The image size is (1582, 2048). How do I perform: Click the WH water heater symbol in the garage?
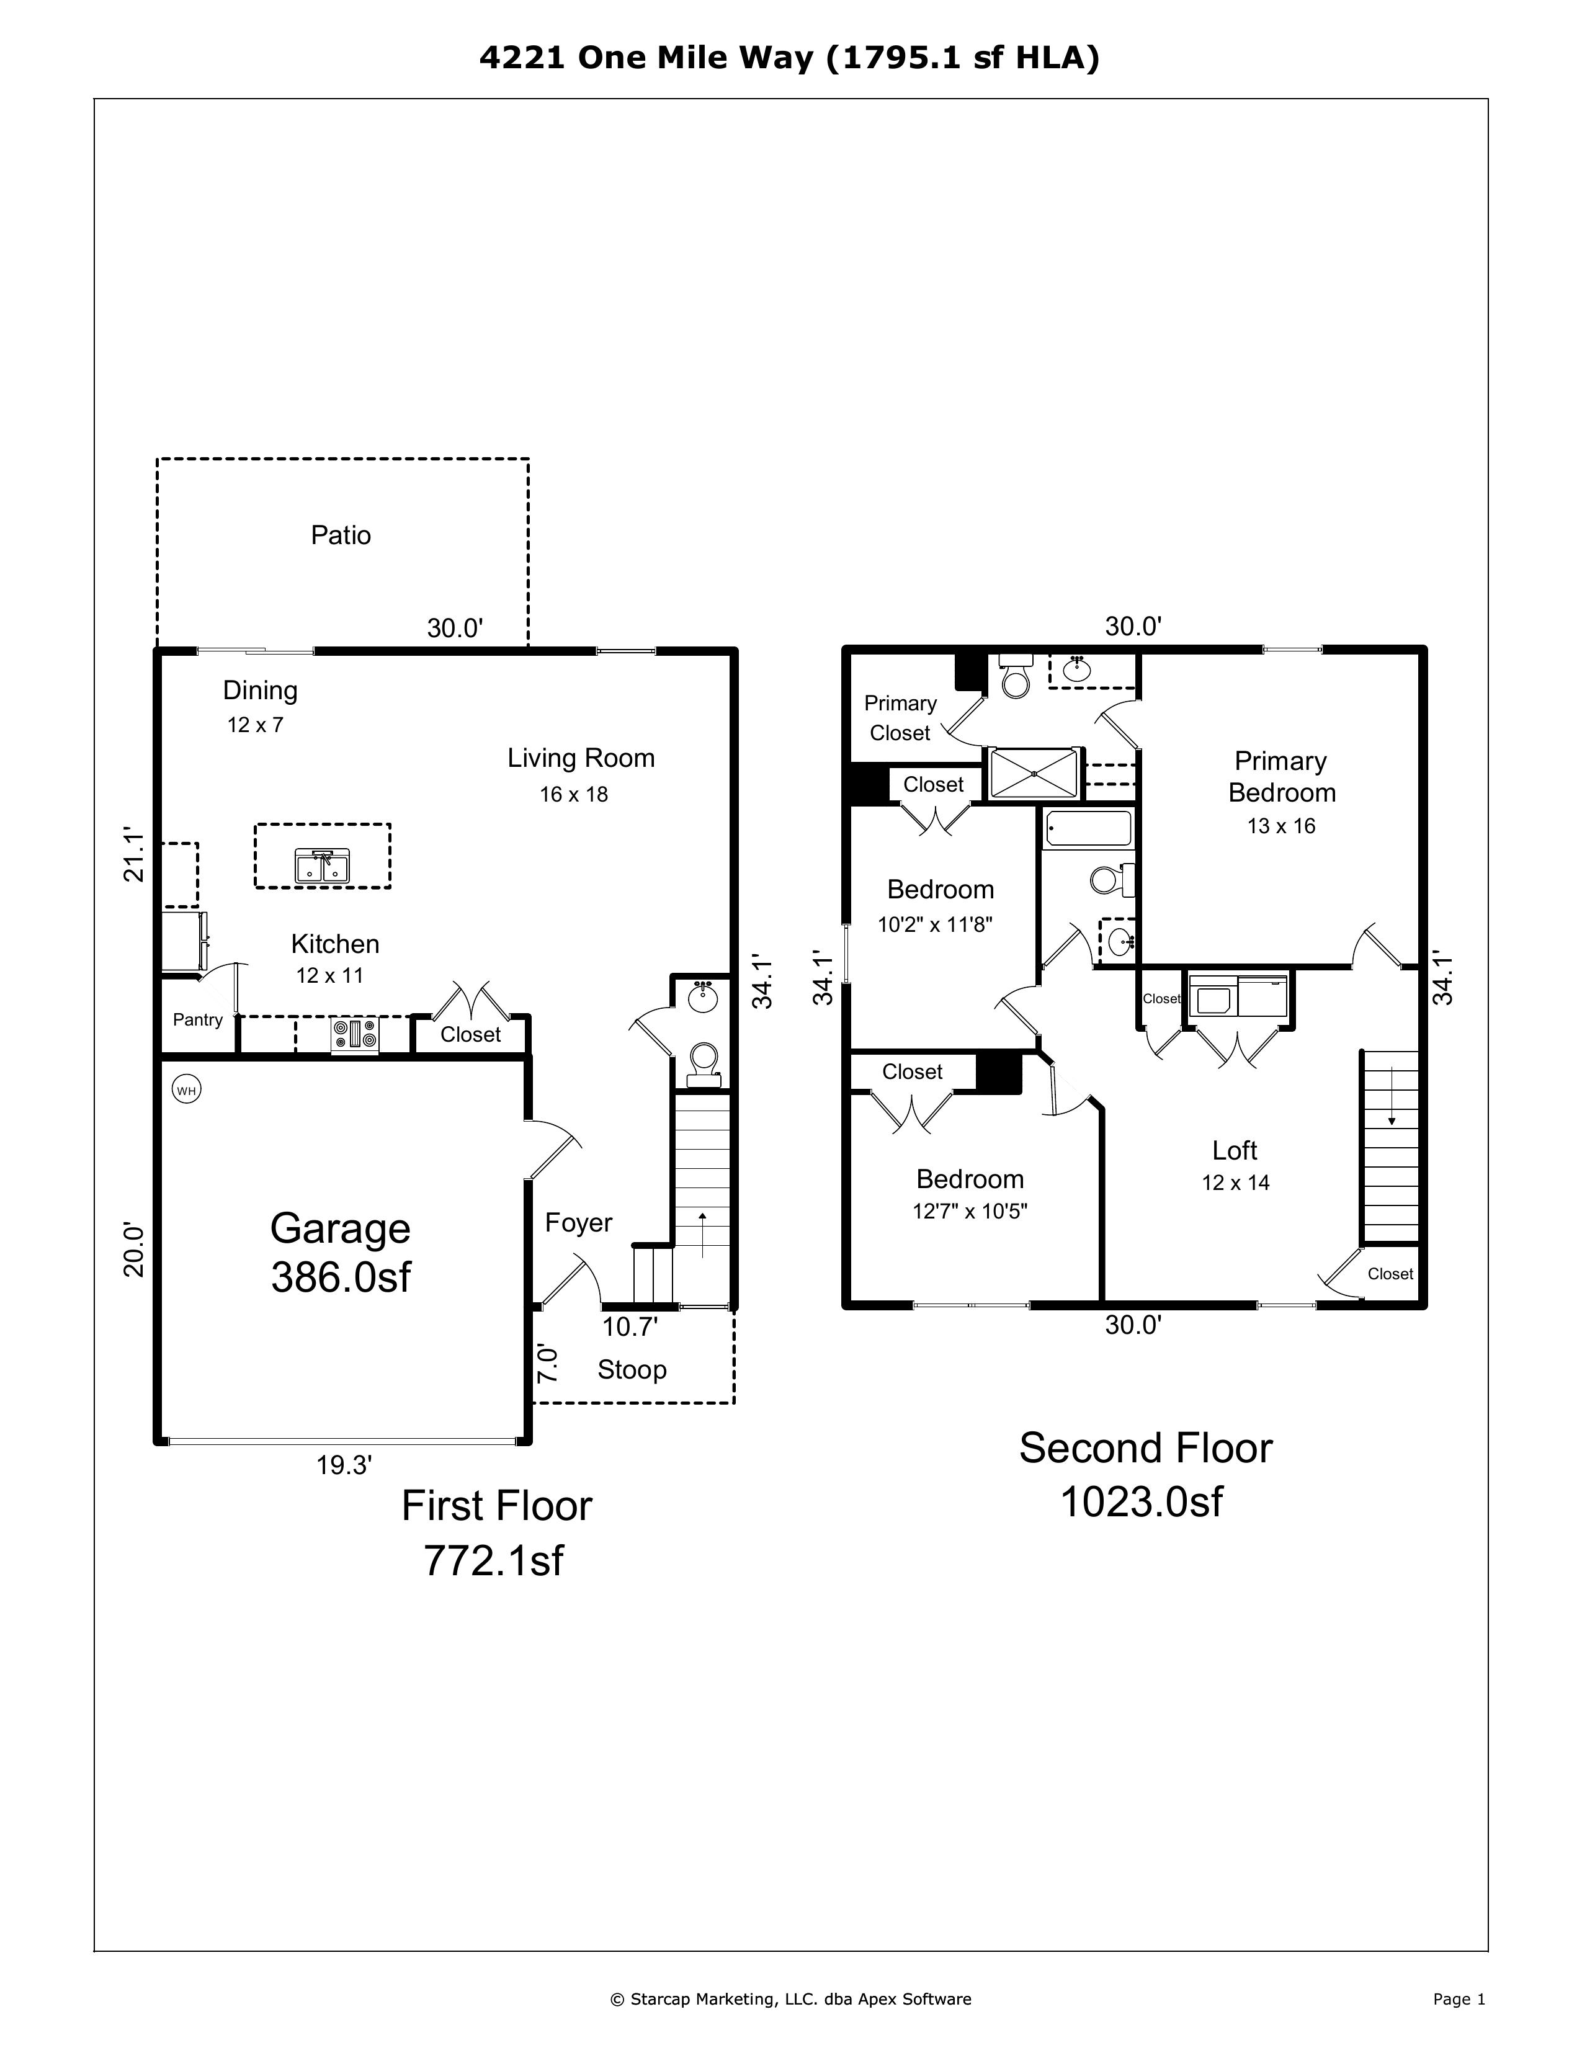click(187, 1089)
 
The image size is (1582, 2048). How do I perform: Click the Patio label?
click(341, 535)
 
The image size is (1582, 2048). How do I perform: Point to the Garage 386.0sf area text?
click(341, 1253)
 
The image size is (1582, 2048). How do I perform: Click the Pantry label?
click(198, 1020)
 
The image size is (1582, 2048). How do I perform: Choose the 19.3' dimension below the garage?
click(344, 1465)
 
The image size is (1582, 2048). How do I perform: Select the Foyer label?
click(579, 1223)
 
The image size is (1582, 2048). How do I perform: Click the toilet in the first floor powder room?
click(704, 1062)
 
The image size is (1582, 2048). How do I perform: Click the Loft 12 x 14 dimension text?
click(1235, 1183)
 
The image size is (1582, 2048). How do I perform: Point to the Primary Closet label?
click(900, 718)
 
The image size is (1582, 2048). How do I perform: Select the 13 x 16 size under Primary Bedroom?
click(1281, 826)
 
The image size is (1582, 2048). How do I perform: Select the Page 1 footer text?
click(1458, 1999)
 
